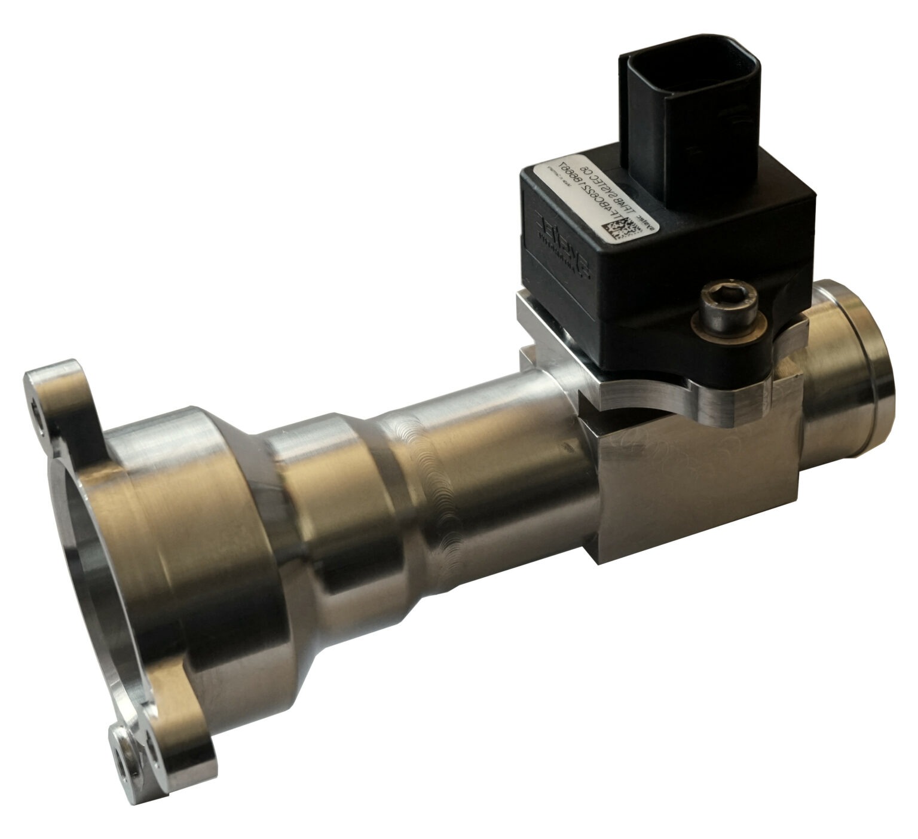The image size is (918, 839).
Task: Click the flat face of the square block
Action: (x=693, y=490)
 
